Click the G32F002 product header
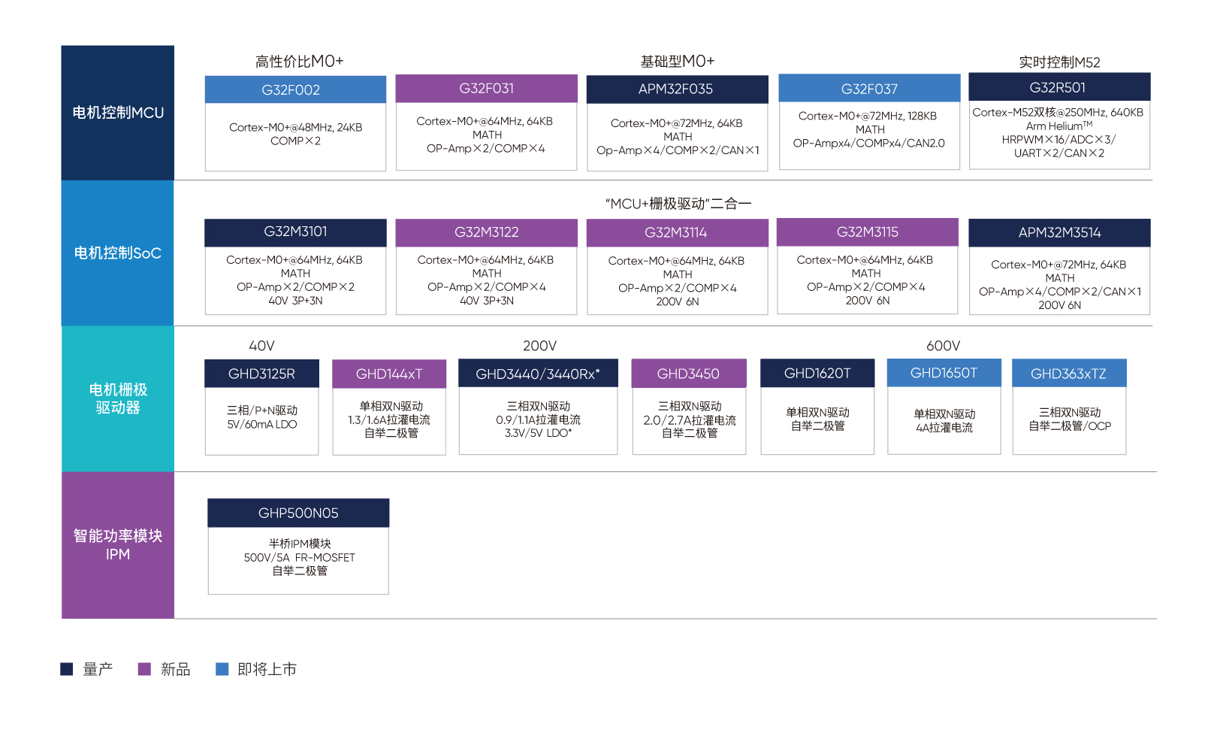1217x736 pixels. (295, 89)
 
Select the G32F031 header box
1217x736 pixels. (486, 89)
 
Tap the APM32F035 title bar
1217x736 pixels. (677, 89)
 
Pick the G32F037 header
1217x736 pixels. (869, 88)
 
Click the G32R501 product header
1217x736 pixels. (1059, 87)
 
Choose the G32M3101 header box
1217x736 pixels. (295, 232)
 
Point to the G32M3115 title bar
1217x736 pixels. (867, 232)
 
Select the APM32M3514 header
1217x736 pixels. (1059, 232)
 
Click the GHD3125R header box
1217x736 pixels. (261, 374)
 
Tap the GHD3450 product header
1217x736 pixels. (688, 374)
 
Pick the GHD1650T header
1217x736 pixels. (944, 373)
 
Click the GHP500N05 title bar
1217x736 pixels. (298, 513)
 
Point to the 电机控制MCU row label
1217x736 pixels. (118, 113)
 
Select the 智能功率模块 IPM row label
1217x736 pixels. (118, 544)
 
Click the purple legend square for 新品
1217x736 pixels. (144, 668)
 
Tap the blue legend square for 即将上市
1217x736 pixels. (222, 668)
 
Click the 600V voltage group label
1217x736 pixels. (944, 346)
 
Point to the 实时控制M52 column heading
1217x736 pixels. (1059, 62)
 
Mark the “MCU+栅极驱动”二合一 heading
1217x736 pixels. (678, 204)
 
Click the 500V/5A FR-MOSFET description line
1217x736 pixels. (299, 557)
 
